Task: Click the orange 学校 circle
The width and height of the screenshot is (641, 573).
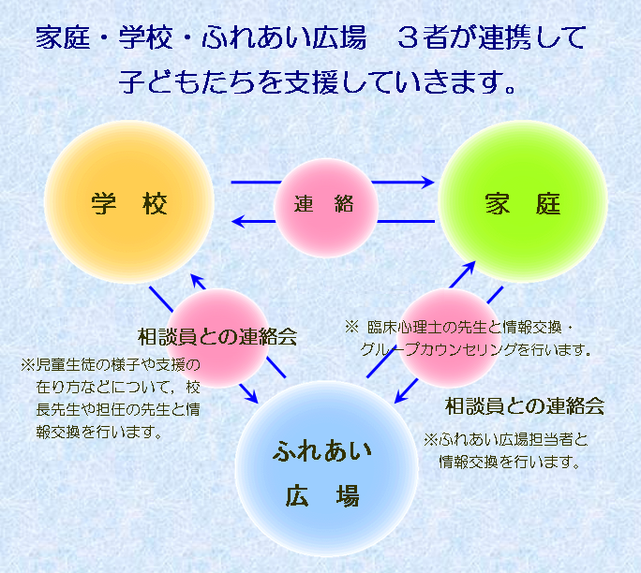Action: (x=129, y=201)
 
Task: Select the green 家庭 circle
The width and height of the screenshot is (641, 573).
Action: (x=523, y=201)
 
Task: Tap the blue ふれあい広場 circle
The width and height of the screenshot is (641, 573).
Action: (x=326, y=468)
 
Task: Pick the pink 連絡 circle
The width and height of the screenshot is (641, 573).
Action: (x=326, y=208)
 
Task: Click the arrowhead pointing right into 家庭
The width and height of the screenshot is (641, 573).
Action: (x=427, y=183)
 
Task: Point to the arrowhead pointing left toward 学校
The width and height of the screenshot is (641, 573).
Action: (x=238, y=221)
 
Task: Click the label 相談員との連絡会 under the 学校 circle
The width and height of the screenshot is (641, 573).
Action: (x=217, y=337)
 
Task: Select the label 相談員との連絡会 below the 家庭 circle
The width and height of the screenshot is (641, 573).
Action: (x=525, y=406)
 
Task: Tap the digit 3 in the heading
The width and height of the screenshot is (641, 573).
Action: (x=408, y=37)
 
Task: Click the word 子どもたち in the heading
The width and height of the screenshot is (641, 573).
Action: (x=188, y=81)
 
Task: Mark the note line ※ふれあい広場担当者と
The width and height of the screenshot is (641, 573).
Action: (x=506, y=440)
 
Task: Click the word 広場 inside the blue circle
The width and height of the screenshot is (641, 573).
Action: (x=322, y=496)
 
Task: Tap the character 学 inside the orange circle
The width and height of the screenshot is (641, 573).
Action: (x=103, y=203)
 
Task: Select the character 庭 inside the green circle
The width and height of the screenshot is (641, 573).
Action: (x=548, y=204)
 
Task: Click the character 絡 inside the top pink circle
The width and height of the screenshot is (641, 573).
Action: (x=344, y=204)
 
